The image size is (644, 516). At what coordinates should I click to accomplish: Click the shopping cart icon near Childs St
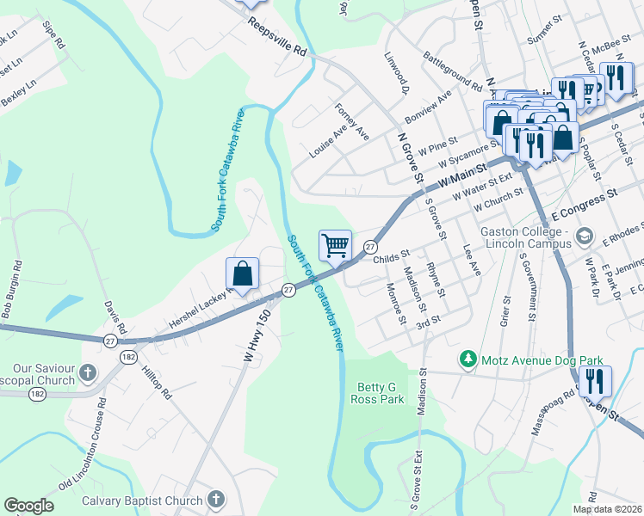[336, 245]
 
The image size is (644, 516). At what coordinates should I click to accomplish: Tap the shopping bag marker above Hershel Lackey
[243, 273]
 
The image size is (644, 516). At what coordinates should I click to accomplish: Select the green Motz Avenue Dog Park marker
[468, 358]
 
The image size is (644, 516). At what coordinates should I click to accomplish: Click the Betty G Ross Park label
[379, 394]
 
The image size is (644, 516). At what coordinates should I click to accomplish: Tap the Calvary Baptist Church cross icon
[215, 500]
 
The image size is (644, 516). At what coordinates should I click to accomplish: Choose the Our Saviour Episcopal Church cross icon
[87, 373]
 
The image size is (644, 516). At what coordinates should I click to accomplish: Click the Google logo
[28, 506]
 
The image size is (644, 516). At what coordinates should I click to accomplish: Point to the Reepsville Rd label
[277, 40]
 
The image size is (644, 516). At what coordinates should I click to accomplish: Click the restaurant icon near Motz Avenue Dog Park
[594, 379]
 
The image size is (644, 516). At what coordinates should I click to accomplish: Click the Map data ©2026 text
[607, 509]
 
